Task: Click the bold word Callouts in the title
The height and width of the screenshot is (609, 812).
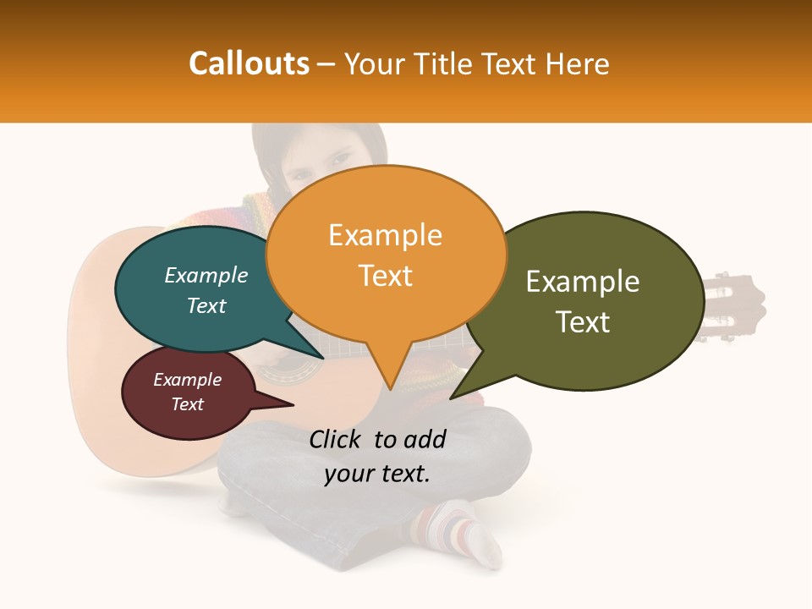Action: point(249,63)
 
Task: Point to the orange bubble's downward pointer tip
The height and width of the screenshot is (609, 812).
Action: point(390,388)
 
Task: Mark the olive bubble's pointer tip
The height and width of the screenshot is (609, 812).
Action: point(453,398)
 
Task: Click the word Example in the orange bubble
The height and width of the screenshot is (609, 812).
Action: point(386,235)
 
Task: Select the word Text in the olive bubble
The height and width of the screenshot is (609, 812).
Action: point(583,322)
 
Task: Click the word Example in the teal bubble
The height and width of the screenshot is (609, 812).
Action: point(206,275)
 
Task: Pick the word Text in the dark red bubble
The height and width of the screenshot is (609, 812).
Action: point(188,404)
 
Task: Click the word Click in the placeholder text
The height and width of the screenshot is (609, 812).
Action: point(336,440)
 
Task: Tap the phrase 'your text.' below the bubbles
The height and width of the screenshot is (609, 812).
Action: point(377,474)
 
